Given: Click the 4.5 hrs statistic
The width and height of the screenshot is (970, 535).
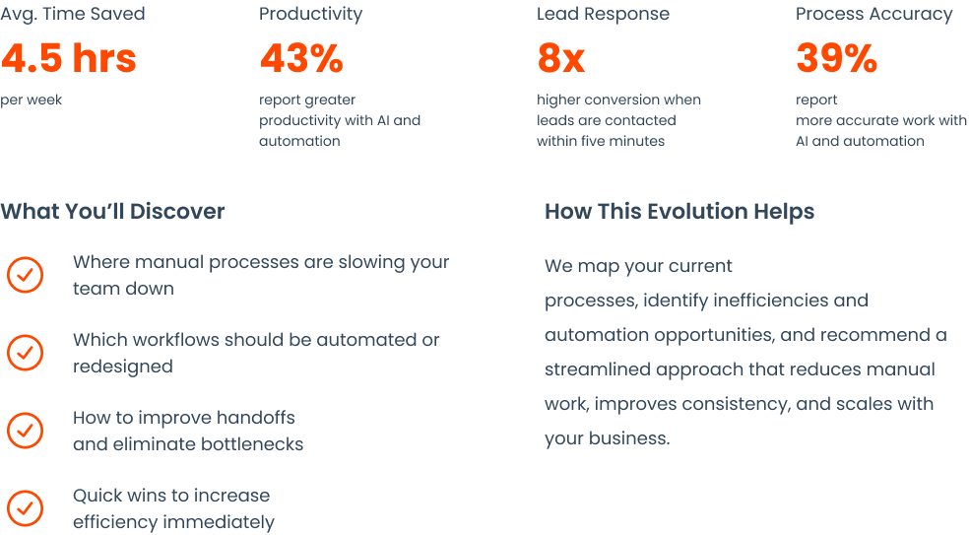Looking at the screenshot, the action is point(69,58).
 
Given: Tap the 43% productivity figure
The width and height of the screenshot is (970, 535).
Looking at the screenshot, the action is point(301,58).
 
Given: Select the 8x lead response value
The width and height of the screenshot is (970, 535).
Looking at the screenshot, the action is point(561,58).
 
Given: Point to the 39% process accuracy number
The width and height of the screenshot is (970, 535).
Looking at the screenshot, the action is point(836,58).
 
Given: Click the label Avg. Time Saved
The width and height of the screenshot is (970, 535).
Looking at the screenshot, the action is point(72,14).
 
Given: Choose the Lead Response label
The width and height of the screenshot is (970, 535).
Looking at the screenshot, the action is point(603,14).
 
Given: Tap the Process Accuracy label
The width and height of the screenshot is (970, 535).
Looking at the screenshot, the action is point(874,14).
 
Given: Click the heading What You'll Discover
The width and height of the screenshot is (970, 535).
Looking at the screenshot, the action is point(112,211).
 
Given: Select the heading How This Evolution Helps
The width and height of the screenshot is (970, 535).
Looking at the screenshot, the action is point(679,212).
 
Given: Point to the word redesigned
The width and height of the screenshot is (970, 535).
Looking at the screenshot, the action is point(122,367).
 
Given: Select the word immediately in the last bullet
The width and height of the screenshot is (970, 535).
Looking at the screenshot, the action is point(223,522).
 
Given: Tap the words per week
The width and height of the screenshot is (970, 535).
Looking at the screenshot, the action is point(31,100).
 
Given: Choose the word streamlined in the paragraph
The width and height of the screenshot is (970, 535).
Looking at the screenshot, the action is point(598,369).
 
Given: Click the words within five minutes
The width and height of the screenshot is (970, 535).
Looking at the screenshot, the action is point(601,141).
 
